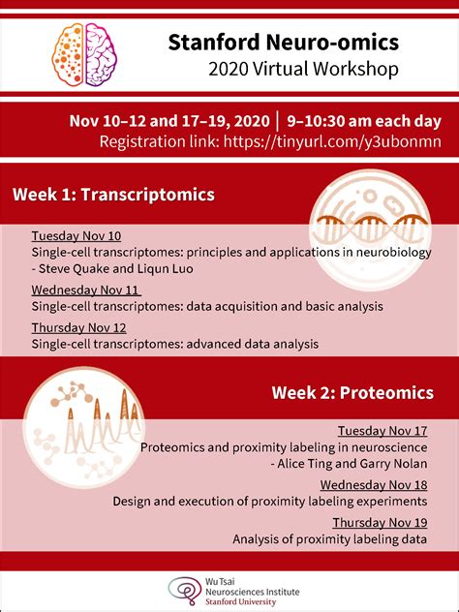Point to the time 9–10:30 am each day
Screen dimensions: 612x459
(x=357, y=121)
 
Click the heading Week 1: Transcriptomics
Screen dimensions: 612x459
(x=114, y=195)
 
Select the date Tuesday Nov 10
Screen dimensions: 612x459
(x=76, y=235)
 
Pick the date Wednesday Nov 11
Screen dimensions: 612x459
(x=86, y=290)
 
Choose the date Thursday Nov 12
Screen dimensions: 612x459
(x=79, y=327)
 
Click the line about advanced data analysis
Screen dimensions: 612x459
(x=174, y=343)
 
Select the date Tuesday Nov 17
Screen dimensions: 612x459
(x=382, y=431)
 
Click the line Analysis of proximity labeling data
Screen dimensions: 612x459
(x=329, y=538)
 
